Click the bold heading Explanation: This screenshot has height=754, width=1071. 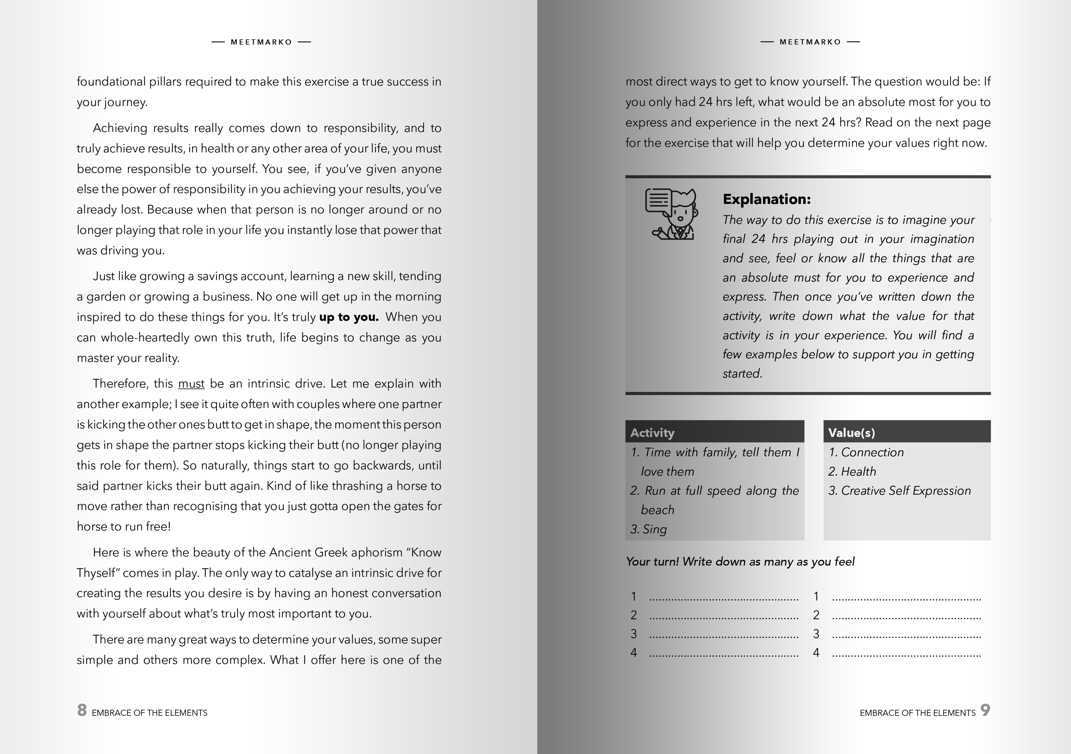click(766, 199)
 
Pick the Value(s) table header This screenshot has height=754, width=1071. click(851, 432)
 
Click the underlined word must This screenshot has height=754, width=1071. click(191, 383)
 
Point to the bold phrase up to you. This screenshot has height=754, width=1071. click(348, 317)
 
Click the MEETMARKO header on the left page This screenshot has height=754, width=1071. click(261, 42)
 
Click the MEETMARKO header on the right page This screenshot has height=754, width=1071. click(810, 42)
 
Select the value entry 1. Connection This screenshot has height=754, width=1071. click(866, 452)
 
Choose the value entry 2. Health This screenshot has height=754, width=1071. click(852, 471)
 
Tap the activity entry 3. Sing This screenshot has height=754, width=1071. click(649, 529)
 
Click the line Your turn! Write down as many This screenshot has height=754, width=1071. click(740, 561)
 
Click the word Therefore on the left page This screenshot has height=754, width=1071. click(120, 383)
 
